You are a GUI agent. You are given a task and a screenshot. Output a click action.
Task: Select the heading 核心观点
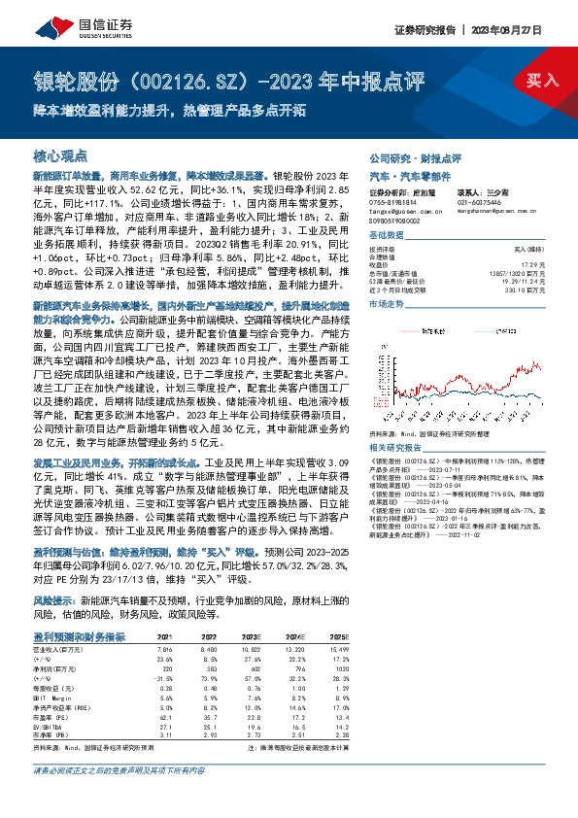pos(60,156)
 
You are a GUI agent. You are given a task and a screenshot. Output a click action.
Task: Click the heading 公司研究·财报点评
pos(415,156)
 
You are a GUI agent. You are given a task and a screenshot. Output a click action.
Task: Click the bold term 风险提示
pos(54,601)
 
